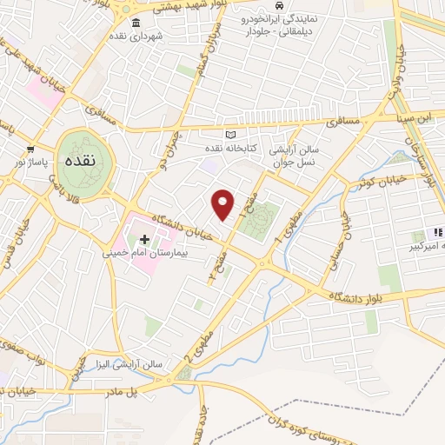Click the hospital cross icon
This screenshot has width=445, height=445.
144,237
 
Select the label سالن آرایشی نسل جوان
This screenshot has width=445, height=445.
296,156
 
